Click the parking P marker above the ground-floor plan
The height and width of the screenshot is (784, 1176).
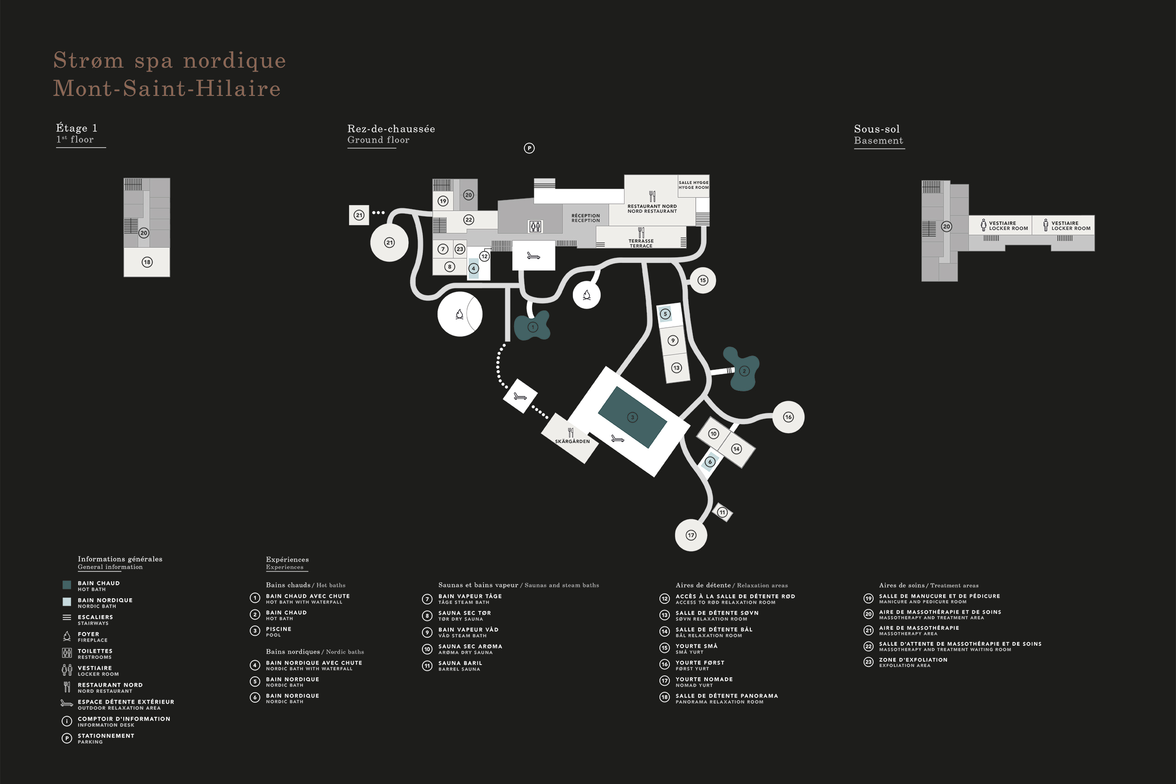click(529, 148)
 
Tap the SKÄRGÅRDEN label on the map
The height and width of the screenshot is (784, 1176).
click(572, 442)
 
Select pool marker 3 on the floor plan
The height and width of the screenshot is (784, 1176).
click(633, 417)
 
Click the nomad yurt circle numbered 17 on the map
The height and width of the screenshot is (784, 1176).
click(691, 535)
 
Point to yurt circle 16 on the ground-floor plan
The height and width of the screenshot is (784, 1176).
click(788, 417)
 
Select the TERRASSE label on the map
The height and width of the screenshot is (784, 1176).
click(641, 241)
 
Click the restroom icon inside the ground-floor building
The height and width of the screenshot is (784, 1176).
click(535, 227)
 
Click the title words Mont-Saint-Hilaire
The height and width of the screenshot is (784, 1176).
click(167, 88)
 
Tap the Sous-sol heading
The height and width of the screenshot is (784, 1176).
click(876, 129)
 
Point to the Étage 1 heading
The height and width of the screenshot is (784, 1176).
click(77, 128)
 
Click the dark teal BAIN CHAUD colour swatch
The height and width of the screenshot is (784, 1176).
click(66, 585)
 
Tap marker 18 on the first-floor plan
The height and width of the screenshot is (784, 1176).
click(147, 262)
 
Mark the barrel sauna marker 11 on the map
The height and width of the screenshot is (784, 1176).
click(722, 512)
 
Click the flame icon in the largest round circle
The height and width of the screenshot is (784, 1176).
click(460, 314)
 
